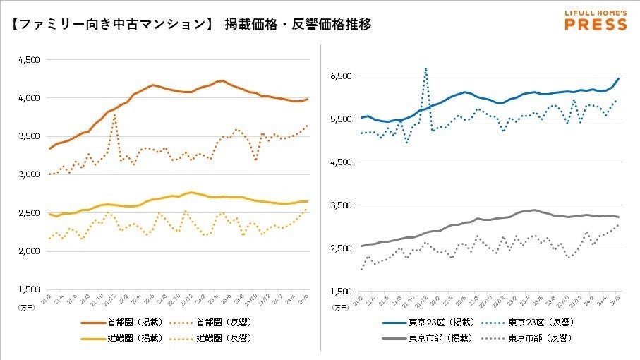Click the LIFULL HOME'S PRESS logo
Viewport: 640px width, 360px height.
pyautogui.click(x=596, y=20)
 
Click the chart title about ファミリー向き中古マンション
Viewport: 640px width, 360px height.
pyautogui.click(x=191, y=24)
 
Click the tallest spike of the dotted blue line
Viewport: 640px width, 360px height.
pyautogui.click(x=425, y=68)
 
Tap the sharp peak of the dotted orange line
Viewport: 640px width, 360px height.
pyautogui.click(x=114, y=115)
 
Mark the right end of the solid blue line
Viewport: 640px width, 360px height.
pyautogui.click(x=619, y=78)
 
